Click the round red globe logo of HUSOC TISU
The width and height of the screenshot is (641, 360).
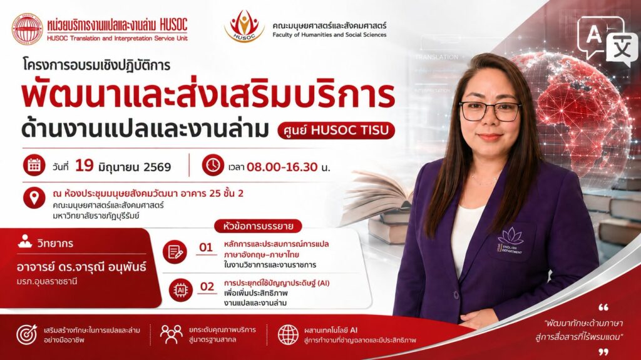point(27,29)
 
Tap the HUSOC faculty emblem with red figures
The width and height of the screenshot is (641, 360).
point(245,26)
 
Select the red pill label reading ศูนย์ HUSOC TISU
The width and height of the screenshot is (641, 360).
point(336,130)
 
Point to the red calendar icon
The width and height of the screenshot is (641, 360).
point(34,165)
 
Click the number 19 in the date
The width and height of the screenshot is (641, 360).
point(85,165)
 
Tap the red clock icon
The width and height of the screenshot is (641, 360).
point(213,165)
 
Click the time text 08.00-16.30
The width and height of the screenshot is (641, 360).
point(282,167)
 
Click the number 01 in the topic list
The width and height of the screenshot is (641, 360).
point(206,247)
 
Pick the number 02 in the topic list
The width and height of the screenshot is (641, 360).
point(207,286)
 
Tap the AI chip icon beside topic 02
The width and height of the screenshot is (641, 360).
point(181,290)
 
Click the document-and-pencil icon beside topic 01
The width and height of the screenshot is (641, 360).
point(175,252)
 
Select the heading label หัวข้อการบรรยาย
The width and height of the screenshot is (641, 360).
point(258,226)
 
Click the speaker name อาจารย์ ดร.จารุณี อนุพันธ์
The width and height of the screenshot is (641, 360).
point(81,267)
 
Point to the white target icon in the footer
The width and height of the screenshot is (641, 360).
point(27,334)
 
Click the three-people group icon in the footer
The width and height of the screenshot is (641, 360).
point(172,334)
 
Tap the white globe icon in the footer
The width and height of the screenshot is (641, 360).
point(288,335)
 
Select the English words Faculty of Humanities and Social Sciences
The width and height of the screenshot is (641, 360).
point(329,35)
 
